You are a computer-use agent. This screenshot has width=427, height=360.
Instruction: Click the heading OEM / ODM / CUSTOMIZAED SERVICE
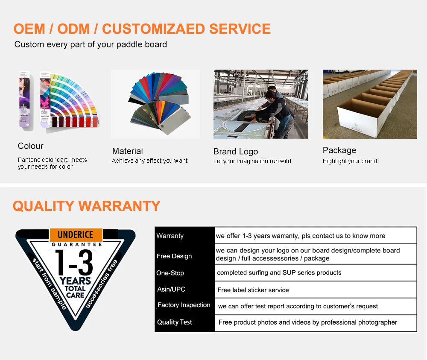[142, 29]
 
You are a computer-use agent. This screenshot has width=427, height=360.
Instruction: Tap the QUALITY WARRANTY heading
[86, 206]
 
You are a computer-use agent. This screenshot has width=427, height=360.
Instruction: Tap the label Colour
[30, 146]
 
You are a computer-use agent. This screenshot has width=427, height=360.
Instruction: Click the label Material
[127, 151]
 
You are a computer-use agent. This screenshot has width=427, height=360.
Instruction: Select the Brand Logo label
[235, 152]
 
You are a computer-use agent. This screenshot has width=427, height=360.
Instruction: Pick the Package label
[339, 150]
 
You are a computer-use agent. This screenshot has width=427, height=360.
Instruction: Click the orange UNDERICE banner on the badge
[75, 235]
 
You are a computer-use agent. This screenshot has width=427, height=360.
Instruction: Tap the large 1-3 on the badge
[74, 263]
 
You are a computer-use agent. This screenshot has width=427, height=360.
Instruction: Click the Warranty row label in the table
[170, 236]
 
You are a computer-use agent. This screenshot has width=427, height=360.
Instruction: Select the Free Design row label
[174, 256]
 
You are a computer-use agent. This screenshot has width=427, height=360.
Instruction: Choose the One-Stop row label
[170, 273]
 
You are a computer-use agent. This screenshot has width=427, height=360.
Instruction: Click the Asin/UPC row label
[171, 290]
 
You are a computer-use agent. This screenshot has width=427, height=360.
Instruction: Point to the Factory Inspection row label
[184, 305]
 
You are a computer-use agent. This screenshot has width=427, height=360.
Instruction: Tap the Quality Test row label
[175, 322]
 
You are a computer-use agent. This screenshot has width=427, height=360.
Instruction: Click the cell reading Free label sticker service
[253, 290]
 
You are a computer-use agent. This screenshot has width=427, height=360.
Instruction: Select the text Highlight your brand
[349, 161]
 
